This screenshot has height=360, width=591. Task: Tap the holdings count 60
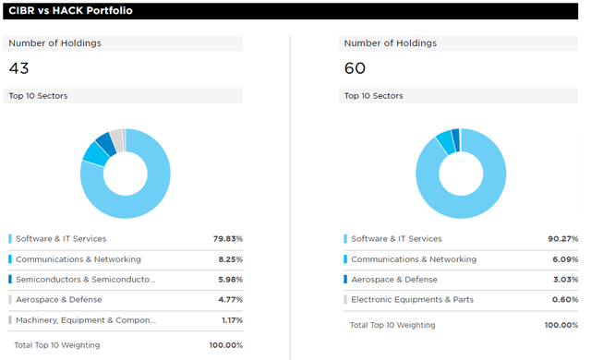click(x=355, y=67)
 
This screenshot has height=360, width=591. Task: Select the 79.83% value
click(x=227, y=239)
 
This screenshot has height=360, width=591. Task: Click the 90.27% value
click(x=563, y=239)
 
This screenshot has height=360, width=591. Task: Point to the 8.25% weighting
click(x=229, y=259)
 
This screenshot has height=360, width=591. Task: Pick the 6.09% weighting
click(x=564, y=259)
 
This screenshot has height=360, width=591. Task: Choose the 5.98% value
click(x=229, y=279)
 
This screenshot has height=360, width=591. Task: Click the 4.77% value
click(x=229, y=299)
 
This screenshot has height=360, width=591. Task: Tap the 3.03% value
click(x=564, y=279)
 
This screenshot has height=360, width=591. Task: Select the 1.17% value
click(x=231, y=319)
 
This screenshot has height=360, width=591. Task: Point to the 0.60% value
click(x=564, y=299)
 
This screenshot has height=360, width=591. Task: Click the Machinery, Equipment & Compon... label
click(x=86, y=319)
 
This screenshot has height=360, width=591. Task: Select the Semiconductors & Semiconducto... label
click(x=86, y=279)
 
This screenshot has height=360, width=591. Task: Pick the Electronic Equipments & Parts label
click(x=413, y=299)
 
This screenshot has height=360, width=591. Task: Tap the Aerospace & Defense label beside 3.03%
click(x=394, y=279)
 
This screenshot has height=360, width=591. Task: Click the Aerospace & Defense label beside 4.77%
click(x=59, y=299)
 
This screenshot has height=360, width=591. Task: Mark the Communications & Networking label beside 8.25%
click(x=78, y=259)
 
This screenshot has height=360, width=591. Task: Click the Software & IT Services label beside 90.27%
click(x=396, y=239)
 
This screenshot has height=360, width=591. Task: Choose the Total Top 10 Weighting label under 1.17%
click(x=57, y=344)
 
